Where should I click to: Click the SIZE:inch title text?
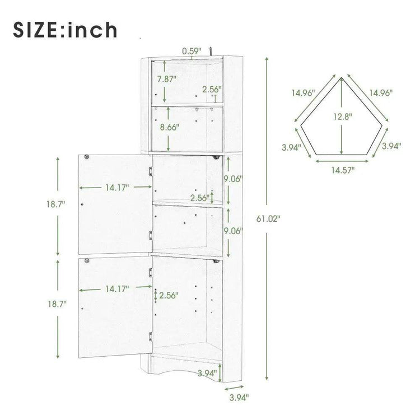(x=65, y=30)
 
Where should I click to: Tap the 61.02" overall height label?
(x=268, y=218)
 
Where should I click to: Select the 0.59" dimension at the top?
(x=192, y=51)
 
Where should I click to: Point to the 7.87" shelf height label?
(x=167, y=79)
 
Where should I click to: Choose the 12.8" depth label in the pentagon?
(x=343, y=116)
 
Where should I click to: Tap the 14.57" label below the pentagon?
(x=343, y=170)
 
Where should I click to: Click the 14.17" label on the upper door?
(x=117, y=188)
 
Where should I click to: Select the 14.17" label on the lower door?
(x=117, y=289)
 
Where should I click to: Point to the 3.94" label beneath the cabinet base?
(x=239, y=398)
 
